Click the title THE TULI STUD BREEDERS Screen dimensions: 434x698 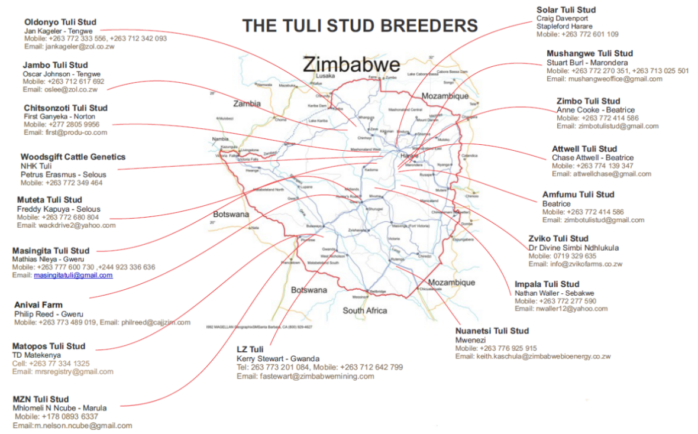(360, 26)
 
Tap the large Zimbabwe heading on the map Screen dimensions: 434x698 (351, 64)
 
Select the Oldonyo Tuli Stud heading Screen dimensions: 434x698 (60, 22)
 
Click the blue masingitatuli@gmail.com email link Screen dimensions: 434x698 (73, 276)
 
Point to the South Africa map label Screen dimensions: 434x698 (365, 310)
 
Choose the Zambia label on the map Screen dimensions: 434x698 (247, 103)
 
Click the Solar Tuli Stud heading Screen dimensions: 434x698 (565, 9)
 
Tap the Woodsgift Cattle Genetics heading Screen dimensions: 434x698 (73, 157)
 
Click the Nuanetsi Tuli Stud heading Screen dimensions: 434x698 (492, 331)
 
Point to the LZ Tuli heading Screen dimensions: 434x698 (250, 349)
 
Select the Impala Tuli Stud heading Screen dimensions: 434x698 (547, 284)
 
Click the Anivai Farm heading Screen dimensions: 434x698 (38, 305)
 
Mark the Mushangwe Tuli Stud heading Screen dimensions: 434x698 (589, 53)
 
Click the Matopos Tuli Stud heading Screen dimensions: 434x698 (49, 346)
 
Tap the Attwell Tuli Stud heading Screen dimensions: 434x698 (584, 149)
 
